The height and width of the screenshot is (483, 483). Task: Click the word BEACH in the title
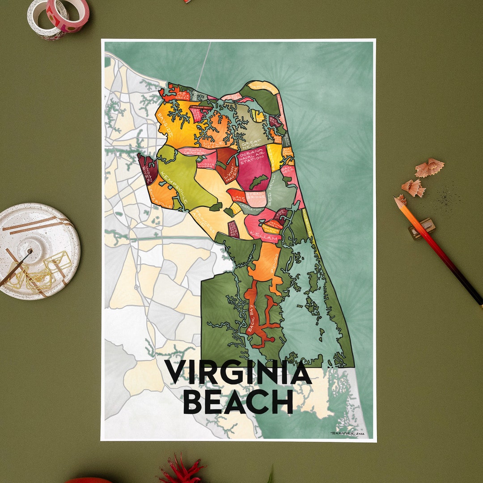tap(238, 402)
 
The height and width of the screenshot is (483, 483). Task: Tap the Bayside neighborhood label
tap(164, 126)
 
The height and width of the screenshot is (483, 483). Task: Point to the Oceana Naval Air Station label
tap(252, 157)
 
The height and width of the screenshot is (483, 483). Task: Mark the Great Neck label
tap(249, 144)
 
